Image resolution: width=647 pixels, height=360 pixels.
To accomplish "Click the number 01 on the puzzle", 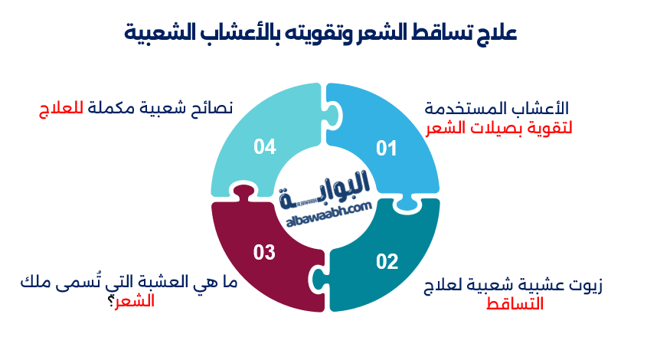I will click(x=387, y=149).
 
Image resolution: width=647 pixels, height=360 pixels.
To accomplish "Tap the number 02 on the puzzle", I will click(x=387, y=262).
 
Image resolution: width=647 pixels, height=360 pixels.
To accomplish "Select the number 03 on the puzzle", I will click(x=264, y=251).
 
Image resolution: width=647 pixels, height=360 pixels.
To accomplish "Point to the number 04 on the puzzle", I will click(x=264, y=147).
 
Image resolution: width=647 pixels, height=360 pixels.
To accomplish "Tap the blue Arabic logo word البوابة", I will click(x=325, y=188).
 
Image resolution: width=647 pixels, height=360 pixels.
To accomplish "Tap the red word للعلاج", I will click(x=60, y=108).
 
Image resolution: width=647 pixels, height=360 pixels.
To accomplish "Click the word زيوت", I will click(x=586, y=286).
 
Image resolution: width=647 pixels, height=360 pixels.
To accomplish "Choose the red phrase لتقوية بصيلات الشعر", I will click(x=501, y=126).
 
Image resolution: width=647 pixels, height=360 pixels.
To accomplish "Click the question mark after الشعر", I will click(x=113, y=301).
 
